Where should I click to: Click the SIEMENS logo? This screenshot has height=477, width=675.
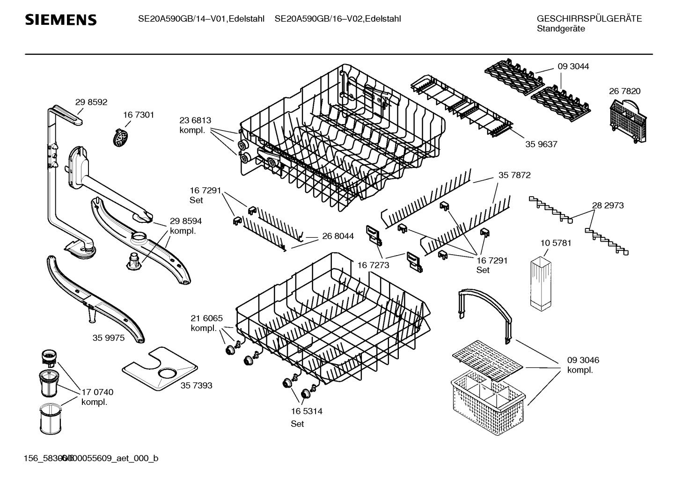[60, 20]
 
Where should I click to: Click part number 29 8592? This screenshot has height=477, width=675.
[91, 102]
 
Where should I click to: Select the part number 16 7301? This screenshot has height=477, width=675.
[139, 115]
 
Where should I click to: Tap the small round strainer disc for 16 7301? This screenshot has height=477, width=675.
[122, 137]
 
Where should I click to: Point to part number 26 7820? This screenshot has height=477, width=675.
[624, 91]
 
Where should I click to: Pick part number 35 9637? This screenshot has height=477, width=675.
[541, 144]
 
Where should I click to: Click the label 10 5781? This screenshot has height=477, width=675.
[556, 243]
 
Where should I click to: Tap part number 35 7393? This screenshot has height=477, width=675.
[196, 385]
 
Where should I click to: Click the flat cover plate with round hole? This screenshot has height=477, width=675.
[159, 369]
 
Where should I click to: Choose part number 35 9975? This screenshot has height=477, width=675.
[109, 338]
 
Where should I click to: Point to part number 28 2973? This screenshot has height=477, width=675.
[608, 205]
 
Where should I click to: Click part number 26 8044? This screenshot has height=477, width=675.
[338, 236]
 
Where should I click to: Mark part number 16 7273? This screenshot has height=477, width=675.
[373, 265]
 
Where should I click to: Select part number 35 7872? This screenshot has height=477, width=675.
[514, 175]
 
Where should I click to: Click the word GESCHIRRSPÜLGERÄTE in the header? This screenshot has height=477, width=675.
[589, 19]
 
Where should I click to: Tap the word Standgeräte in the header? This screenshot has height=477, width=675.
[561, 29]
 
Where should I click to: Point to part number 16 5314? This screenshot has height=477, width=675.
[307, 411]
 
